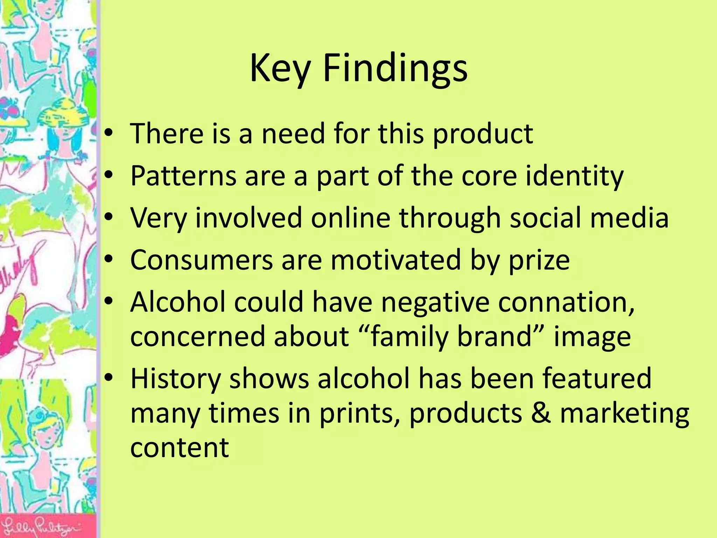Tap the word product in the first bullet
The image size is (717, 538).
pyautogui.click(x=483, y=134)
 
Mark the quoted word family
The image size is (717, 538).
pyautogui.click(x=410, y=336)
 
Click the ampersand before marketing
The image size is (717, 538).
pyautogui.click(x=541, y=413)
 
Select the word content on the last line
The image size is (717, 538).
pyautogui.click(x=180, y=448)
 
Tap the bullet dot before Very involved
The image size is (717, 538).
pyautogui.click(x=109, y=217)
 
